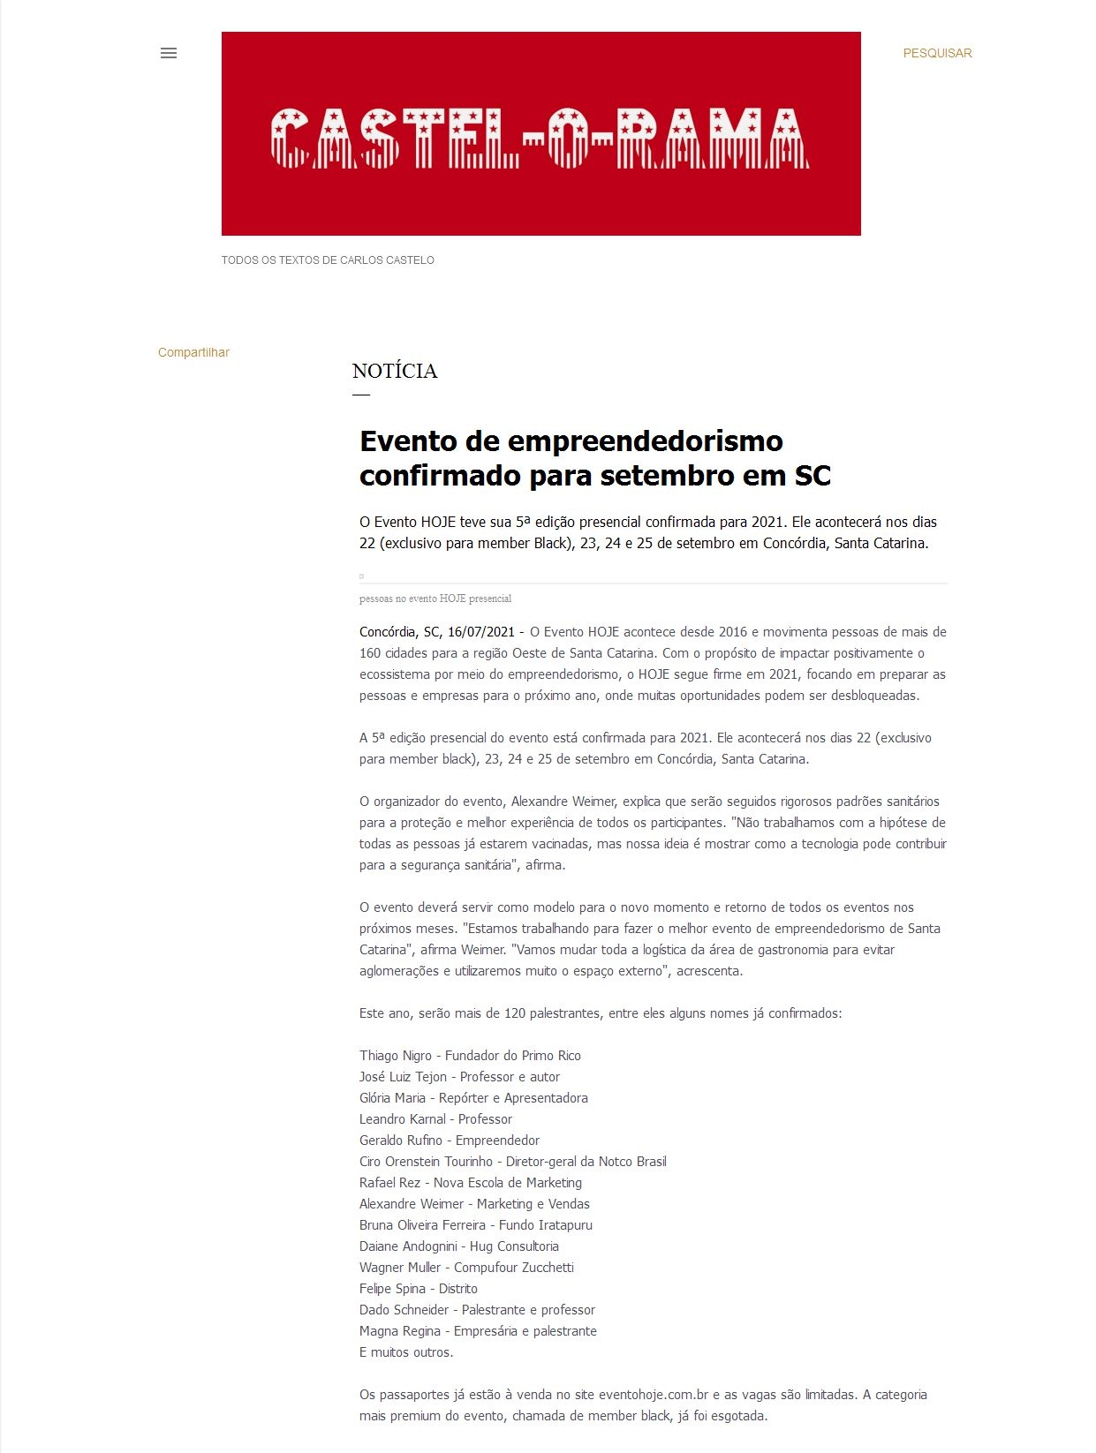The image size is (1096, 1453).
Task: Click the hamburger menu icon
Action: click(x=169, y=53)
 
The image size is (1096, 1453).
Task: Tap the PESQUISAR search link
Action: click(x=937, y=53)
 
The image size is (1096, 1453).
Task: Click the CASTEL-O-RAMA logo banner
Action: click(x=540, y=134)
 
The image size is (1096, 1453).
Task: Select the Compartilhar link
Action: click(x=193, y=352)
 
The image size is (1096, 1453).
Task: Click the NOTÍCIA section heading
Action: click(x=395, y=371)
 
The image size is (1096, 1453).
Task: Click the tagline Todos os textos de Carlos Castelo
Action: click(x=328, y=260)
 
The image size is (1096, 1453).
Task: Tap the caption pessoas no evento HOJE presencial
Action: click(x=435, y=599)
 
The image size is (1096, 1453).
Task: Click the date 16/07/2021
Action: click(x=480, y=632)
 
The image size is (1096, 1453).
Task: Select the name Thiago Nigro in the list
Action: click(x=396, y=1056)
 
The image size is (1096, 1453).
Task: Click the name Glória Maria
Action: click(x=392, y=1098)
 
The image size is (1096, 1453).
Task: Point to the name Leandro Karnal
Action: click(x=403, y=1119)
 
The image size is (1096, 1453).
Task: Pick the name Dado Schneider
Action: click(x=404, y=1310)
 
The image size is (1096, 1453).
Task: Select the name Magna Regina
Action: click(x=400, y=1331)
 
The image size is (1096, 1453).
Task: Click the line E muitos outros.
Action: click(x=406, y=1352)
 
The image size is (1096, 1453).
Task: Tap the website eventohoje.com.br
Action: click(x=654, y=1395)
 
